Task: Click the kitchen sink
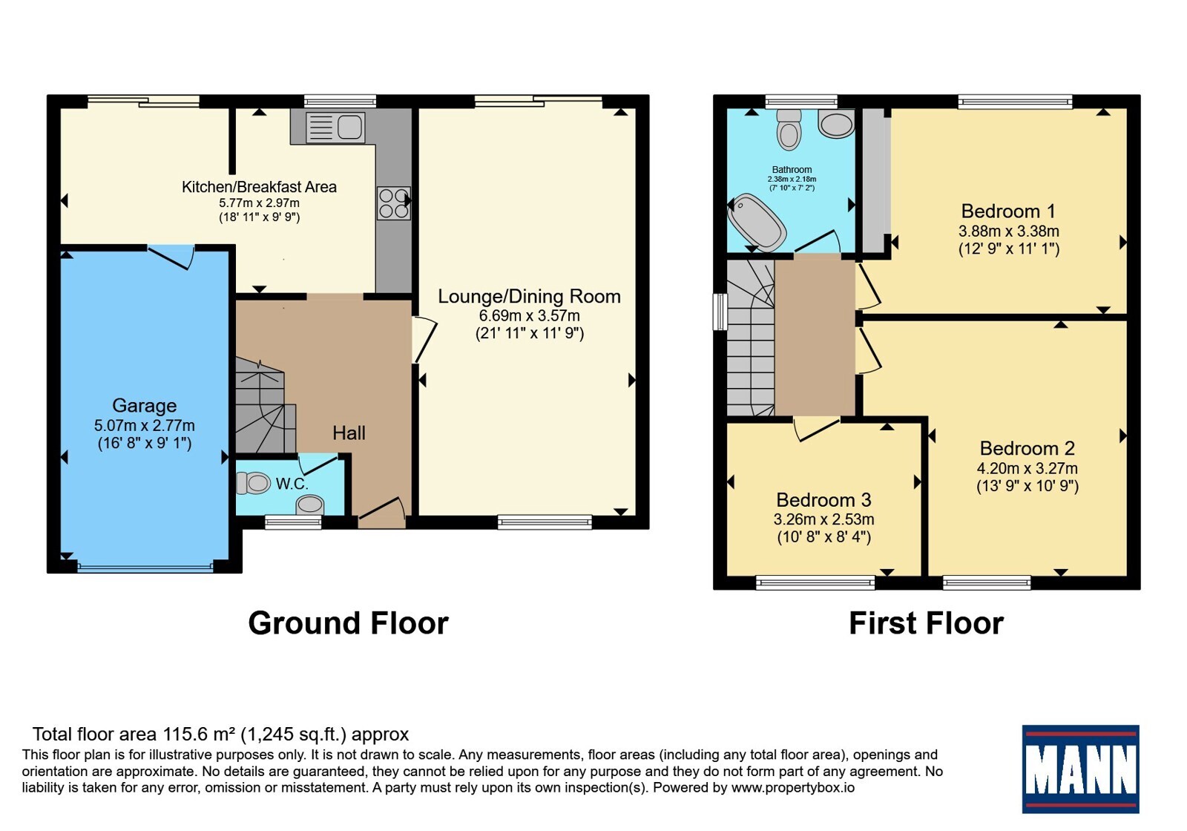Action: pos(335,128)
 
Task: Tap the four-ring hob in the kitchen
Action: pos(394,203)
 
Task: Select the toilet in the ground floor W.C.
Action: pos(253,483)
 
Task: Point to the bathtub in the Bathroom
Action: pos(757,223)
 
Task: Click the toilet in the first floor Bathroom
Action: pos(789,130)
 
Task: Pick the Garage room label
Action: pos(144,405)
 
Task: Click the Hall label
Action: pos(349,433)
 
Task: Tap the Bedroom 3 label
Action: pos(823,500)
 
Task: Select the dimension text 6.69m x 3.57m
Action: pos(530,316)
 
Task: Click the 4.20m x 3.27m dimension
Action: pos(1027,468)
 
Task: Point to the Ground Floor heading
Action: pos(348,623)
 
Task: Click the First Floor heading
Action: pos(926,623)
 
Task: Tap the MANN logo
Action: pos(1080,769)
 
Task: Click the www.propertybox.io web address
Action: pos(793,787)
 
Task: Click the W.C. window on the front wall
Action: pos(293,522)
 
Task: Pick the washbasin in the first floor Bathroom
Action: pos(836,123)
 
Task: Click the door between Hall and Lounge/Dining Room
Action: pos(424,340)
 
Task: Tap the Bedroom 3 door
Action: pos(817,429)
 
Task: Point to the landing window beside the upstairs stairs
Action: pos(720,312)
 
